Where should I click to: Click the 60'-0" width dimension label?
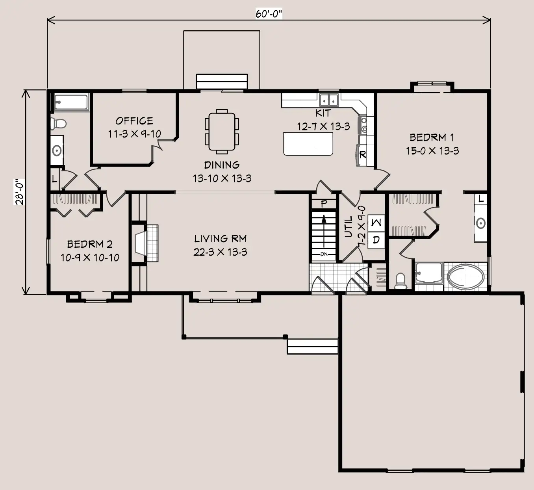pyautogui.click(x=269, y=13)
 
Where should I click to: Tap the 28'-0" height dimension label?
pyautogui.click(x=19, y=192)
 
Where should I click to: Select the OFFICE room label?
pyautogui.click(x=134, y=121)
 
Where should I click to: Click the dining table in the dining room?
pyautogui.click(x=222, y=132)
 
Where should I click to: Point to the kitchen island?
pyautogui.click(x=308, y=144)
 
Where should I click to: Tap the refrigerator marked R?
pyautogui.click(x=362, y=155)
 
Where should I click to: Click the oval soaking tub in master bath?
pyautogui.click(x=465, y=277)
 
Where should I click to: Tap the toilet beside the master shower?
pyautogui.click(x=400, y=281)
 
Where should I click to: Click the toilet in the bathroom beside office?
pyautogui.click(x=58, y=124)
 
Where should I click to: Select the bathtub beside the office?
pyautogui.click(x=71, y=102)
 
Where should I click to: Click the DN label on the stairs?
pyautogui.click(x=324, y=254)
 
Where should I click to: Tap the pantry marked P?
pyautogui.click(x=324, y=204)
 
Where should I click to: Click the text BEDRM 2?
pyautogui.click(x=90, y=244)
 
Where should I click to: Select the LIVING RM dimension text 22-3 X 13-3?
pyautogui.click(x=220, y=252)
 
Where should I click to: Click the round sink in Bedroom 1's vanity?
pyautogui.click(x=480, y=223)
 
